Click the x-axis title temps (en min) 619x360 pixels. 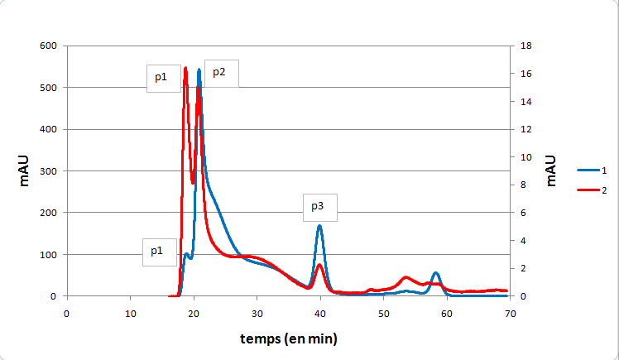[289, 338]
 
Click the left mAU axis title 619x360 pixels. [24, 170]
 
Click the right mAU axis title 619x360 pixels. [550, 170]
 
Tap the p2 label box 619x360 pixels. [221, 73]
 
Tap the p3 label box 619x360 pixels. [319, 207]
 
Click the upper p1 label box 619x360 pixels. [163, 78]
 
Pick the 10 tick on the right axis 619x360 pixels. [524, 157]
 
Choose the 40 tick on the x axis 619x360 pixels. [320, 313]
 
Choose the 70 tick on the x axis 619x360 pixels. [511, 313]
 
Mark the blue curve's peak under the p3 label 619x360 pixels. [319, 226]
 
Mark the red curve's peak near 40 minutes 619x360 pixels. [319, 265]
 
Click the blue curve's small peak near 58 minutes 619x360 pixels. [436, 273]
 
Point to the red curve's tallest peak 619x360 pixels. [185, 68]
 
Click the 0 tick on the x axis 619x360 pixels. [66, 313]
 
